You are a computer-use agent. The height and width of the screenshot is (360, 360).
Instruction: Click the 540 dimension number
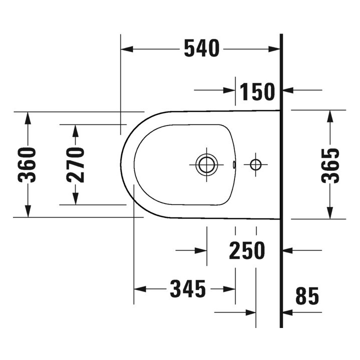coord(201,48)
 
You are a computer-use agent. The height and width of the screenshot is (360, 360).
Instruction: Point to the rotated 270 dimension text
coord(75,164)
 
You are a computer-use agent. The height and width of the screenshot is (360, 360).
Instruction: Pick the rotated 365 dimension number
coord(330,164)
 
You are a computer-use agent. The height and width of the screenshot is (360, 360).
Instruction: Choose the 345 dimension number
coord(188,288)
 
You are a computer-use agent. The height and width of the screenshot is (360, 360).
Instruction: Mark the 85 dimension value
coord(306,296)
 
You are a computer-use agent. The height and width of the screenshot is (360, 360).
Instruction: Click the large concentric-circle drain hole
coord(206,164)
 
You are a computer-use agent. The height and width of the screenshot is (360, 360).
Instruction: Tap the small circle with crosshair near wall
coord(255,164)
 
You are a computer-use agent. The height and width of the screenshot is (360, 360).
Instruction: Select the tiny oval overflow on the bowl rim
coord(233,163)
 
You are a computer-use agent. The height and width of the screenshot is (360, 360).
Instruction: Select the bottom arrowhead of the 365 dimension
coord(330,213)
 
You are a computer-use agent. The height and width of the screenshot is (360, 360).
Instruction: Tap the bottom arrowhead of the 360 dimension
coord(28,212)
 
